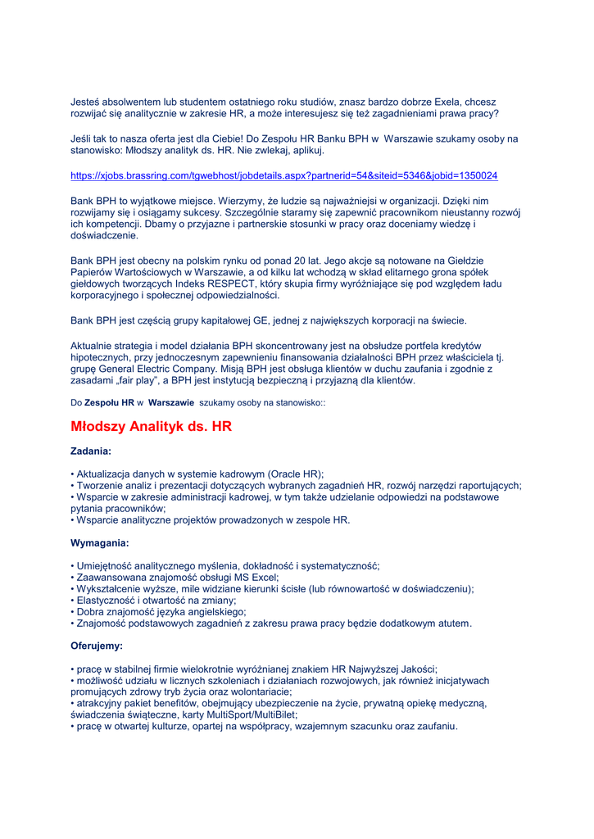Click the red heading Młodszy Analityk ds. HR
(152, 426)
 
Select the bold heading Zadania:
(91, 451)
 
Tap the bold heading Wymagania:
(100, 542)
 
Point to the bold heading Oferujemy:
(97, 646)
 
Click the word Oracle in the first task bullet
(284, 474)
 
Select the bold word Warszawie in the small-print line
(171, 403)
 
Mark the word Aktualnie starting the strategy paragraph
(92, 346)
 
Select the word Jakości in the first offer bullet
(415, 669)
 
